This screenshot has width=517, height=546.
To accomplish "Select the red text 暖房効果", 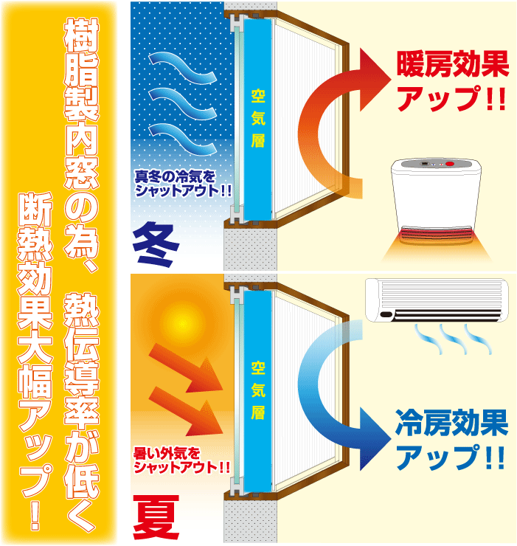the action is pyautogui.click(x=452, y=66).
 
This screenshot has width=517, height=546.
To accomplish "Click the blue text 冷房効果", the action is pyautogui.click(x=451, y=425).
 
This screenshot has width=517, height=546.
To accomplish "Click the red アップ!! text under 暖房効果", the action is pyautogui.click(x=451, y=99).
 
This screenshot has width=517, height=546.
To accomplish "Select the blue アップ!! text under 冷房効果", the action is pyautogui.click(x=451, y=459).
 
